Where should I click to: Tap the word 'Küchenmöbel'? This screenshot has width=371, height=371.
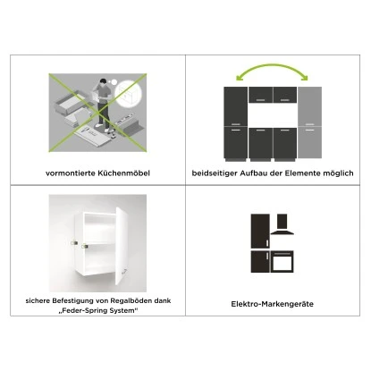121,173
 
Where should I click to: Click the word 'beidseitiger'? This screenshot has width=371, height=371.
215,173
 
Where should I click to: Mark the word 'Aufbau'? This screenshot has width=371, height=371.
257,173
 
